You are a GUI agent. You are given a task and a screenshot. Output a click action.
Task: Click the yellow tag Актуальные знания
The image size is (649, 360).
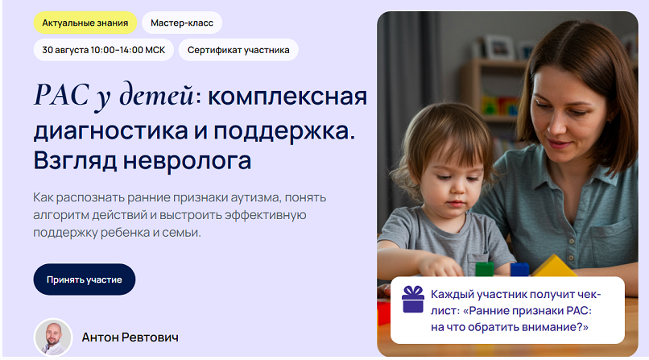[x=85, y=23]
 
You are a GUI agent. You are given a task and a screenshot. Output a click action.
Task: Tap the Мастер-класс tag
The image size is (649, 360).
[x=182, y=23]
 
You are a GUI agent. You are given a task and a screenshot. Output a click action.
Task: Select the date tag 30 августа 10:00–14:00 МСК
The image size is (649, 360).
[x=103, y=50]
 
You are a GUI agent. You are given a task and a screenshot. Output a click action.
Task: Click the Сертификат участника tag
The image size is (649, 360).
[x=238, y=50]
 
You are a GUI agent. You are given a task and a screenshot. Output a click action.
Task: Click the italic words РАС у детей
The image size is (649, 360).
[x=114, y=97]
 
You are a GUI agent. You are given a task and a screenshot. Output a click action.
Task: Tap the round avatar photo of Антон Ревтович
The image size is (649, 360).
[x=53, y=337]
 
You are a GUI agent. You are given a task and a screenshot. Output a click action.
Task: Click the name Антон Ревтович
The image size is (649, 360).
[x=130, y=337]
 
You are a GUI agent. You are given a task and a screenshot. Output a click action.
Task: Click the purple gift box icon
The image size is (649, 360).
[x=413, y=299]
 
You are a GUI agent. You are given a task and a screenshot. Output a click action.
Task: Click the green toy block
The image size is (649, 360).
[x=484, y=269]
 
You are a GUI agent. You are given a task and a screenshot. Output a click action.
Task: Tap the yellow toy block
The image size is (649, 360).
[x=552, y=265]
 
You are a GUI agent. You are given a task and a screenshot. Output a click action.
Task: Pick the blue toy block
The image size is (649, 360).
[x=519, y=269]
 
